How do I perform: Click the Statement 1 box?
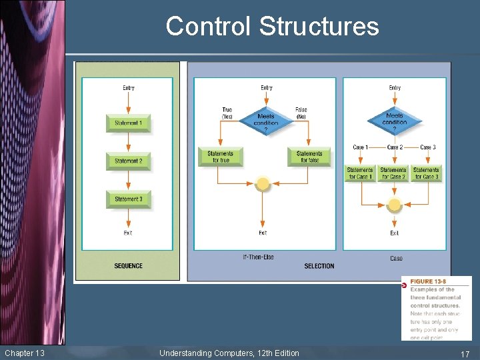click(x=127, y=123)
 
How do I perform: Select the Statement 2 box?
click(x=127, y=161)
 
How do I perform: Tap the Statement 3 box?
click(x=127, y=199)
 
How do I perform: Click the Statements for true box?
click(x=221, y=157)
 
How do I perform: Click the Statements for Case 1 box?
click(x=360, y=173)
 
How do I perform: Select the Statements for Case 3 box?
click(x=426, y=173)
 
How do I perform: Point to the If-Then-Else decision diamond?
click(x=265, y=121)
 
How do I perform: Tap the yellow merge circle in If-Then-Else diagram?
click(x=263, y=183)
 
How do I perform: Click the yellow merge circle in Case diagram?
click(x=394, y=204)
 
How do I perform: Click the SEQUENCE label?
click(x=128, y=266)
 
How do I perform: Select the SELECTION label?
click(x=319, y=266)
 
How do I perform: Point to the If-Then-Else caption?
click(x=258, y=257)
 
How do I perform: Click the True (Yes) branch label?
click(x=227, y=113)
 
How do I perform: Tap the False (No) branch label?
click(x=301, y=113)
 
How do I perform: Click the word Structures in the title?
click(x=319, y=27)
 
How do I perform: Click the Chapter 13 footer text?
click(x=25, y=353)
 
